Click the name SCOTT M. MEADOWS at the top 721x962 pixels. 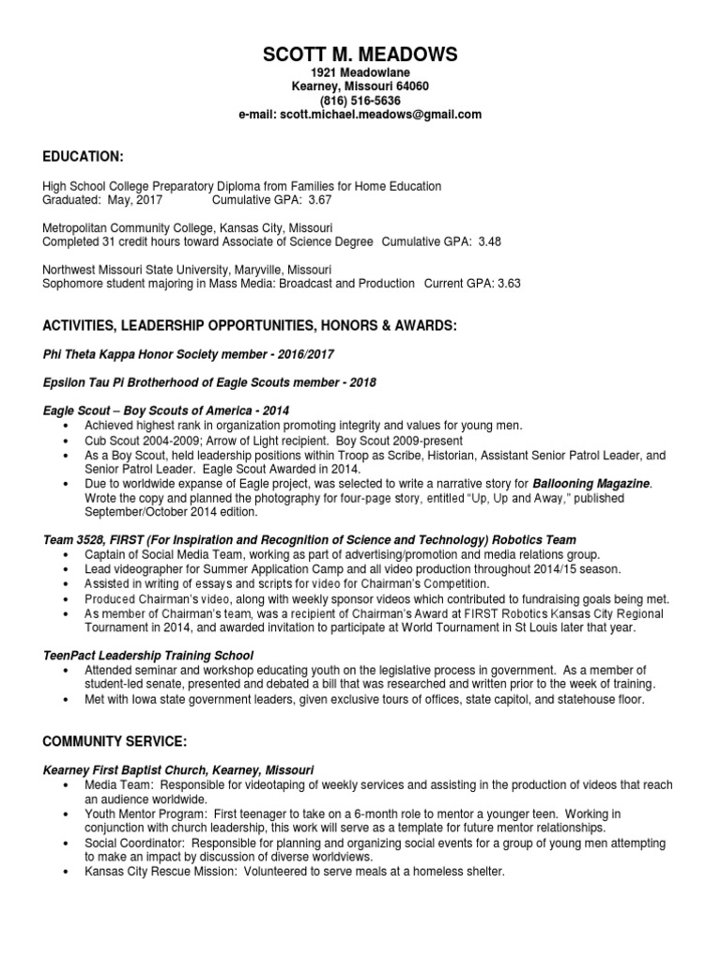360,54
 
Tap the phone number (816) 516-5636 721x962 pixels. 360,101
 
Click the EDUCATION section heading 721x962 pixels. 84,155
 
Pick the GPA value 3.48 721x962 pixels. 489,241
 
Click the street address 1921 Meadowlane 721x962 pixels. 360,72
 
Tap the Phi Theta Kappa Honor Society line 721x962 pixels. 189,354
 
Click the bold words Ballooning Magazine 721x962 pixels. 597,483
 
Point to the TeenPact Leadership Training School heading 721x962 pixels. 149,655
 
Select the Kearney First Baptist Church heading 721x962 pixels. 178,769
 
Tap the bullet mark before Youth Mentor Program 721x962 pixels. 65,814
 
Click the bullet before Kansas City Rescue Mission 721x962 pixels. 65,872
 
